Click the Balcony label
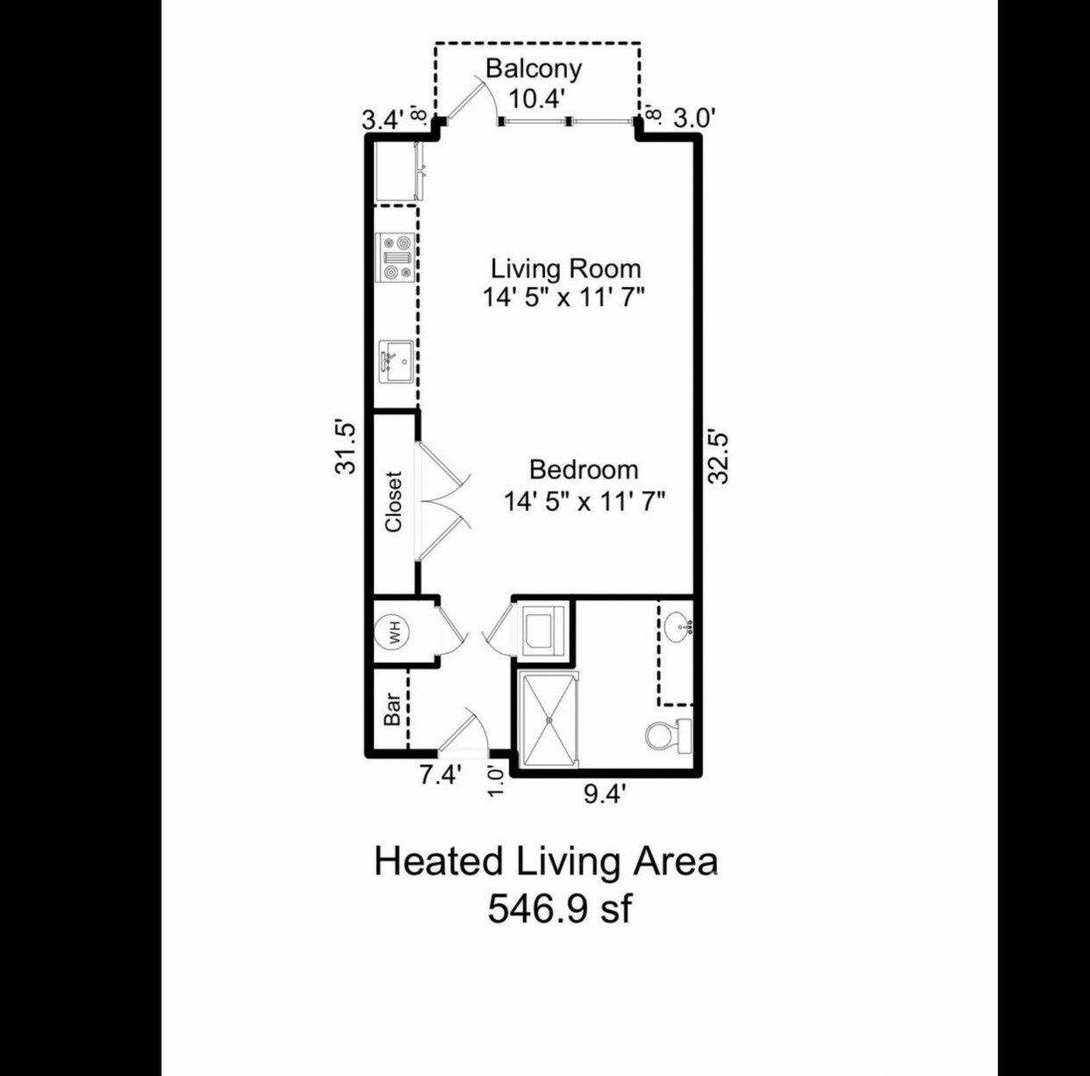[534, 69]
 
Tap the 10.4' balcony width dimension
[537, 99]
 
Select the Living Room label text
[566, 269]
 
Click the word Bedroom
[584, 470]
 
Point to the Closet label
[393, 502]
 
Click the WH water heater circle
[394, 632]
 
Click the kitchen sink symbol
[397, 362]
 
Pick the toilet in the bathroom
[669, 735]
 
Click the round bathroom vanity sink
[678, 627]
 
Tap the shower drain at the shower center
[549, 720]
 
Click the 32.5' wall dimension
[719, 457]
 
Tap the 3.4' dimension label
[384, 120]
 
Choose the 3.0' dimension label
[696, 118]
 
